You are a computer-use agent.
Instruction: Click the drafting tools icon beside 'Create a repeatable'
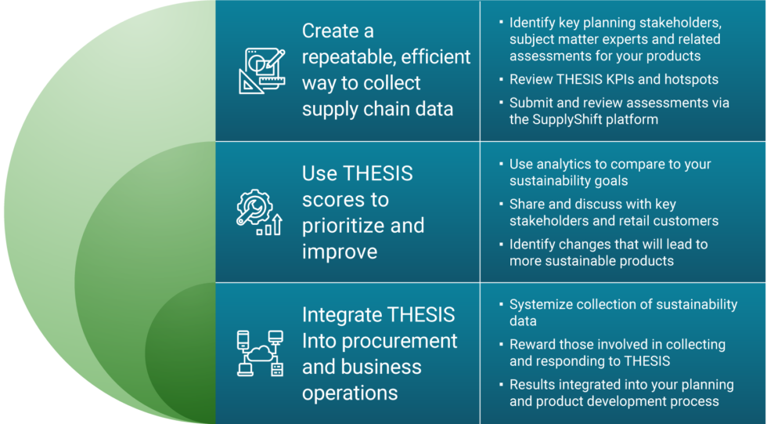(x=261, y=71)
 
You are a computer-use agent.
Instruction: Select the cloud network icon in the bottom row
(x=260, y=353)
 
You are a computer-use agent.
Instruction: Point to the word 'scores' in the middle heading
(x=345, y=200)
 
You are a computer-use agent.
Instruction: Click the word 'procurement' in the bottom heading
(x=399, y=342)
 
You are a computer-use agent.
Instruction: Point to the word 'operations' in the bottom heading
(x=350, y=393)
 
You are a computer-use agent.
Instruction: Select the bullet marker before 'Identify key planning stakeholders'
(x=501, y=22)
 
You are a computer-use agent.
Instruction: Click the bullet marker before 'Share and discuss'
(x=501, y=204)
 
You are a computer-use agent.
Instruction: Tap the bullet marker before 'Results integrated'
(x=501, y=384)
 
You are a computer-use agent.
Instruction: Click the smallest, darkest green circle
(x=181, y=353)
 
